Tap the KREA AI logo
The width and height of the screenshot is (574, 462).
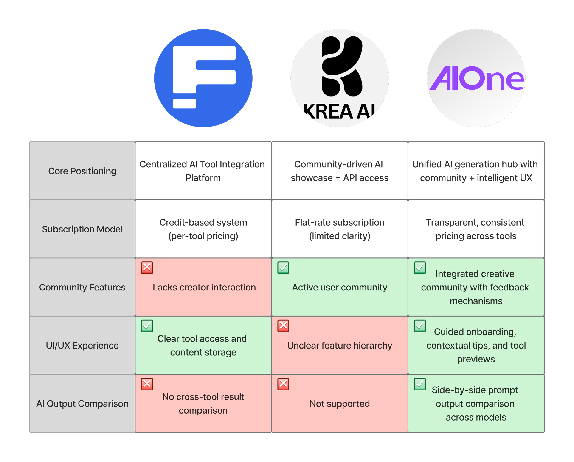click(340, 78)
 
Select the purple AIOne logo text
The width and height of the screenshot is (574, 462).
click(476, 78)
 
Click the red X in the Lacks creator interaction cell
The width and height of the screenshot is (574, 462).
click(147, 268)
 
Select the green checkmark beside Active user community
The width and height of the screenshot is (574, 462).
click(283, 268)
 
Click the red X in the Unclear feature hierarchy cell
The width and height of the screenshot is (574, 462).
click(283, 326)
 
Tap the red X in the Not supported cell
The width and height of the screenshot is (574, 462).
click(283, 384)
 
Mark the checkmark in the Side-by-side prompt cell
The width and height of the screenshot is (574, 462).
click(420, 384)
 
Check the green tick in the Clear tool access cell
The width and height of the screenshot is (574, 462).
click(147, 326)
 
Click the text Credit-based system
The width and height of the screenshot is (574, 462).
click(203, 222)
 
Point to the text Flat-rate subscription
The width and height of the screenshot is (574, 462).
click(340, 222)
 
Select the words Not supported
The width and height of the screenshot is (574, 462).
click(340, 404)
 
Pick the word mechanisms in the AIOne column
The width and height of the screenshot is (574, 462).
click(476, 301)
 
